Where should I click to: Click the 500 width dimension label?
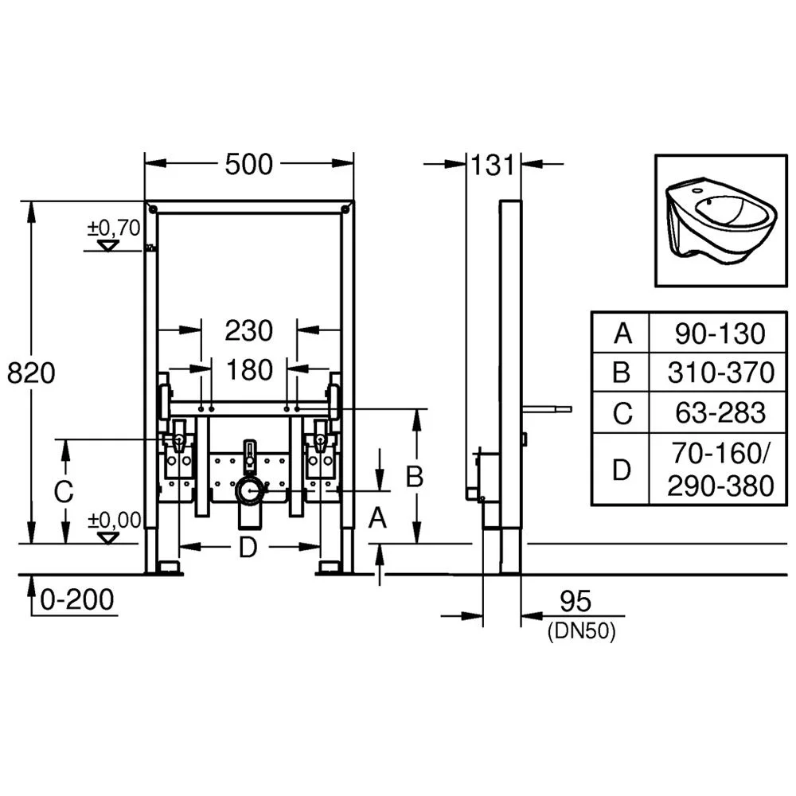point(248,164)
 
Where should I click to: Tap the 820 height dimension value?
point(31,373)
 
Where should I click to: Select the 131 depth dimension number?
point(493,165)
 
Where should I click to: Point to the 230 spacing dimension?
point(248,330)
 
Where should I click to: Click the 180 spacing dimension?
point(249,369)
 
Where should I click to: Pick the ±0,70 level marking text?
point(114,228)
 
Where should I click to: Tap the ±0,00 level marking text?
point(114,521)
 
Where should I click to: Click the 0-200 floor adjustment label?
point(77,599)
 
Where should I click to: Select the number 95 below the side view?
point(576,602)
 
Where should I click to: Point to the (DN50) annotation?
point(582,631)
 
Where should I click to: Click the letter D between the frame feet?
point(248,548)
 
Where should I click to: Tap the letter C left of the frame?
point(64,491)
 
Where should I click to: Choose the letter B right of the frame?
point(415,476)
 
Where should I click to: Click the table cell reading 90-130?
point(720,334)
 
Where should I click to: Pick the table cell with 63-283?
point(720,412)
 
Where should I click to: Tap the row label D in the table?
point(622,470)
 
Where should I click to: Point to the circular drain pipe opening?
point(249,490)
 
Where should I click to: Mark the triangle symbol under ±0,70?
point(107,246)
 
